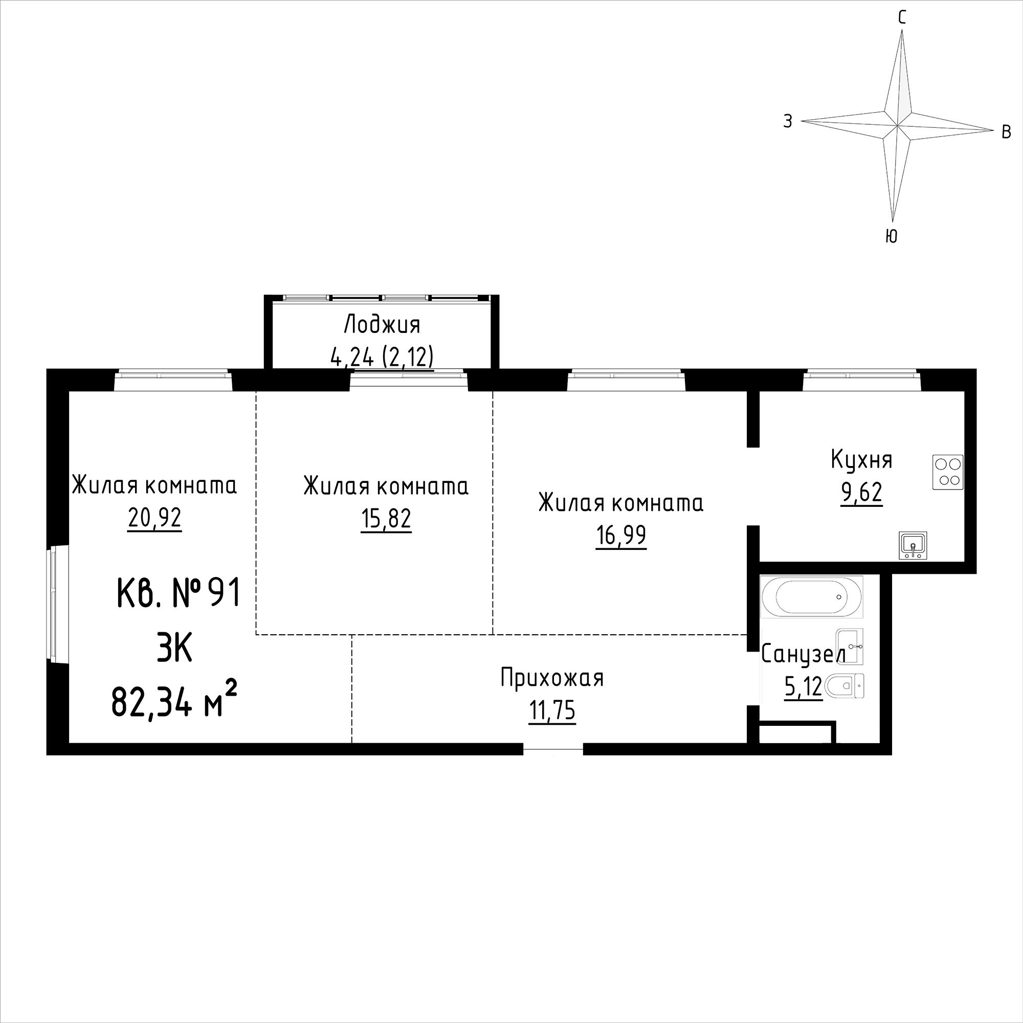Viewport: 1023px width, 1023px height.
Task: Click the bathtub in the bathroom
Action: pyautogui.click(x=811, y=597)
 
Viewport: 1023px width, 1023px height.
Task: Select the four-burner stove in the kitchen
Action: pyautogui.click(x=948, y=472)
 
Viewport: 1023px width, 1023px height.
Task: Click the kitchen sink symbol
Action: pyautogui.click(x=913, y=545)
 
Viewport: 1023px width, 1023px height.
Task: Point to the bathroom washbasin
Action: pyautogui.click(x=849, y=647)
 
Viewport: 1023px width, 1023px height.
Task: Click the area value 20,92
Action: pyautogui.click(x=154, y=518)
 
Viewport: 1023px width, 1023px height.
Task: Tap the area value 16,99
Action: pyautogui.click(x=621, y=536)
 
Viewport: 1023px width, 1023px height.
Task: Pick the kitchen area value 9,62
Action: pyautogui.click(x=861, y=493)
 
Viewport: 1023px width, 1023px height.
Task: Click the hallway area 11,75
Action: pyautogui.click(x=551, y=711)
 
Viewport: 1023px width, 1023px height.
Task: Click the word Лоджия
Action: pyautogui.click(x=382, y=324)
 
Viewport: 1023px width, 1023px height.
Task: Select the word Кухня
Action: pyautogui.click(x=861, y=460)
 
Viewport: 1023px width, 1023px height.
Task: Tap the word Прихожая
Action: pyautogui.click(x=552, y=678)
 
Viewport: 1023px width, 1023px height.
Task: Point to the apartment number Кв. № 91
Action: pyautogui.click(x=179, y=592)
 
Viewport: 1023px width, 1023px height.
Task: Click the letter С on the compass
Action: pyautogui.click(x=902, y=18)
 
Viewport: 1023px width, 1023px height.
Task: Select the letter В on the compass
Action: pyautogui.click(x=1007, y=132)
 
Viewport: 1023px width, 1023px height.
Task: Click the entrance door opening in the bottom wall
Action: pyautogui.click(x=553, y=749)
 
